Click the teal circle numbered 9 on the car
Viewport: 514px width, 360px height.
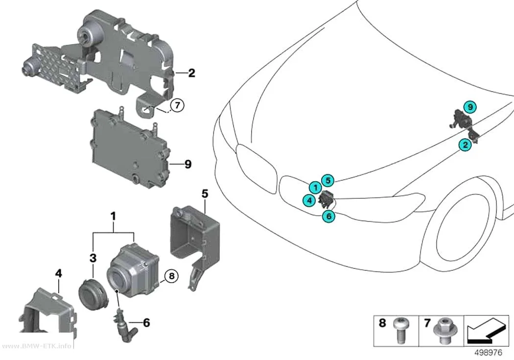(470, 107)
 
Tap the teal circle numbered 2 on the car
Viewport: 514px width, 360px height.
(465, 145)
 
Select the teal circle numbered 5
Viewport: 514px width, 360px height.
(328, 180)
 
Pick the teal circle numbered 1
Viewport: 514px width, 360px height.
(315, 188)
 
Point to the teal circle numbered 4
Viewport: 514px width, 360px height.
(309, 200)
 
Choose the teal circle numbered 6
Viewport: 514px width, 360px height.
(328, 216)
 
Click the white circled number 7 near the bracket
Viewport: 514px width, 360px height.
(177, 105)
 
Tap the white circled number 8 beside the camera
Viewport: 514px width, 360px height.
(171, 276)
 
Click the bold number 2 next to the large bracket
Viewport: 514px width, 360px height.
(191, 73)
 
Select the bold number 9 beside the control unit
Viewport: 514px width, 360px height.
(188, 164)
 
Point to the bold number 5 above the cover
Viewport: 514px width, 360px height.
(205, 194)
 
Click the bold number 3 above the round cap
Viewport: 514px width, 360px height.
(93, 258)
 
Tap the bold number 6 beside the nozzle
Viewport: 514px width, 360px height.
(146, 323)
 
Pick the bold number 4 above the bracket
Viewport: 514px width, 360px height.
(58, 273)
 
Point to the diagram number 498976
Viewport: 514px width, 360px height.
(488, 353)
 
